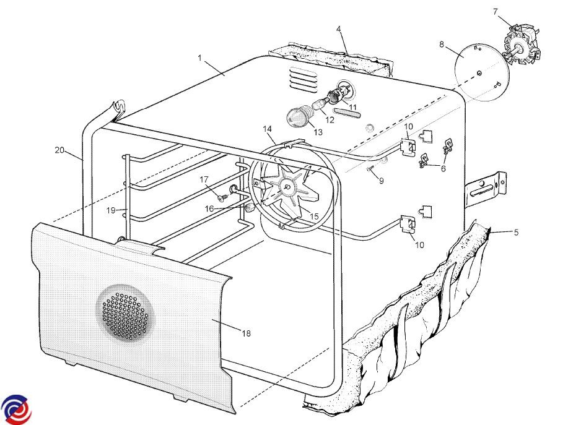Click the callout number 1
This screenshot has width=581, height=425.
(199, 58)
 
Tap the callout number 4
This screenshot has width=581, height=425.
(339, 29)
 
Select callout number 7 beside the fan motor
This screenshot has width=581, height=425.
(496, 12)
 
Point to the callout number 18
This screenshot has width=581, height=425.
(247, 333)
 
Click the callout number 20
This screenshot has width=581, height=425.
(59, 150)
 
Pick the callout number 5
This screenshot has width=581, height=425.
(516, 233)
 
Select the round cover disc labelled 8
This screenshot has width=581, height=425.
(482, 72)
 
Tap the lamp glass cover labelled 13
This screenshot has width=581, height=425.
(300, 115)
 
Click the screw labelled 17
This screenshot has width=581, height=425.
(222, 198)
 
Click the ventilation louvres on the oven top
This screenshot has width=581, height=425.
(304, 80)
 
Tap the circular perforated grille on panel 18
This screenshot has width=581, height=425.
(124, 312)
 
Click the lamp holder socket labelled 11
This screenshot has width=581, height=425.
(341, 92)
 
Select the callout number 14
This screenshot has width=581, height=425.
(268, 129)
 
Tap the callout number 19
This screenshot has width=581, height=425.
(111, 210)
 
